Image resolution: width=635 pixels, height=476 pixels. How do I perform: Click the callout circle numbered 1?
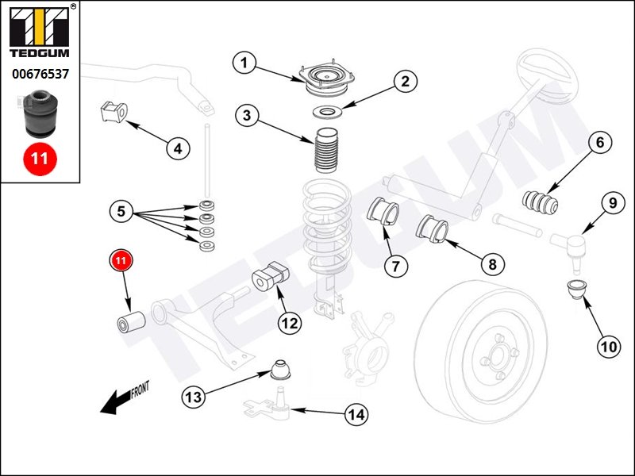245,63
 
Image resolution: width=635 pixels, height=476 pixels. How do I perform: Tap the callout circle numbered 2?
405,81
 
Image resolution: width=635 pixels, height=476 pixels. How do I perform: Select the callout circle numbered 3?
247,117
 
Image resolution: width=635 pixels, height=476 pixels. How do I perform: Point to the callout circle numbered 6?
600,143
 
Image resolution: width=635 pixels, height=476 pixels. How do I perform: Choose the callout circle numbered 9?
613,203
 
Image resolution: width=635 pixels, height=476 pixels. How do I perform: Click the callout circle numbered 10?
608,345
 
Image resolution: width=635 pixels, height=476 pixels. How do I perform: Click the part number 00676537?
39,74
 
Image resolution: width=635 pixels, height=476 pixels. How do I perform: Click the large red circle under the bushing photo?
40,157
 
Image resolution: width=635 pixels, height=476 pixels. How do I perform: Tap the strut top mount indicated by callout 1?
323,78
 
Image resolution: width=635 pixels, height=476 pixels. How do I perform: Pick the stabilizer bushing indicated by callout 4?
114,113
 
